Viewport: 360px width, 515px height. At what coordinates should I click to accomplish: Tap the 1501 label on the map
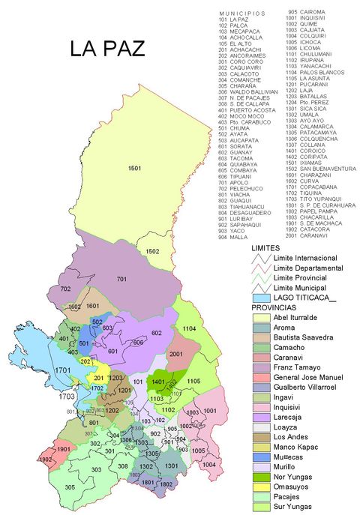tap(135, 169)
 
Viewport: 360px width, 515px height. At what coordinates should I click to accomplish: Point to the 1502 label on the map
tap(152, 251)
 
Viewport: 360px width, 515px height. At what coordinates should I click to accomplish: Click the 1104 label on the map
tap(189, 328)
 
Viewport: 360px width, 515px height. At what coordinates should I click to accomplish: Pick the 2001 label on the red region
tap(176, 354)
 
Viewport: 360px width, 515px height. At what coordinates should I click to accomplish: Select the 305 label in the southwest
tap(69, 487)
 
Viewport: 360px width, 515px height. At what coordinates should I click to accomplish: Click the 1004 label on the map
tap(208, 464)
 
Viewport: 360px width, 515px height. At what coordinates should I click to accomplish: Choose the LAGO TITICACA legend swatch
tap(262, 298)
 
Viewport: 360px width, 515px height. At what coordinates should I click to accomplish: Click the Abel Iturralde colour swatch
tap(262, 317)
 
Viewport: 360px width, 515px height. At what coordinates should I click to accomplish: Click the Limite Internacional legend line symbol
tap(262, 259)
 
